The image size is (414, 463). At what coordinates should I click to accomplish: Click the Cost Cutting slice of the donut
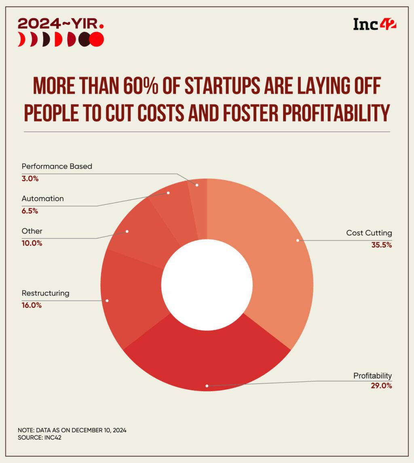pyautogui.click(x=279, y=250)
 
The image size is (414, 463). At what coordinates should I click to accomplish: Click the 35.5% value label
pyautogui.click(x=381, y=245)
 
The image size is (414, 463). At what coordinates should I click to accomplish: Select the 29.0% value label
pyautogui.click(x=381, y=386)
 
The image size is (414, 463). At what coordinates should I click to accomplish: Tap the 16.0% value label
pyautogui.click(x=32, y=305)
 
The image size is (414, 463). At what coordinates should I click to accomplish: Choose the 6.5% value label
pyautogui.click(x=30, y=210)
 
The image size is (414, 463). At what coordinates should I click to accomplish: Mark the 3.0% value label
pyautogui.click(x=30, y=178)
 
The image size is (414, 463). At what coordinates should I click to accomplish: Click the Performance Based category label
pyautogui.click(x=57, y=166)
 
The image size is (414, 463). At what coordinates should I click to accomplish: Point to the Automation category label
pyautogui.click(x=42, y=198)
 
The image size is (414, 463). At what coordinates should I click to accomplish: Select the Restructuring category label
pyautogui.click(x=45, y=293)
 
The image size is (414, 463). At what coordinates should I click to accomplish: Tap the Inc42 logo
pyautogui.click(x=375, y=24)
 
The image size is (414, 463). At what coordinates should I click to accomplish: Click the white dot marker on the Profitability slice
pyautogui.click(x=207, y=386)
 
